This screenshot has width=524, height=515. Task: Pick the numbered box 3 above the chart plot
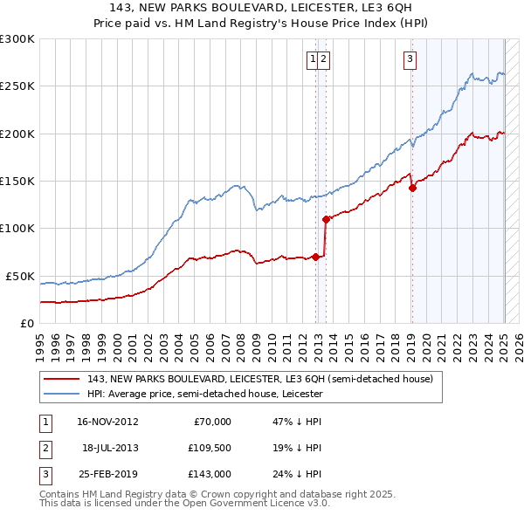point(410,59)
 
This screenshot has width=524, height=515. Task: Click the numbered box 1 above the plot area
point(312,59)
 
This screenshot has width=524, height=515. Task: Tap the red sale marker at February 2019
point(412,188)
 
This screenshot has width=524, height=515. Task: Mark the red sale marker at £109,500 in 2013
point(326,219)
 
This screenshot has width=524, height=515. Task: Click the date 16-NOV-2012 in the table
point(108,421)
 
